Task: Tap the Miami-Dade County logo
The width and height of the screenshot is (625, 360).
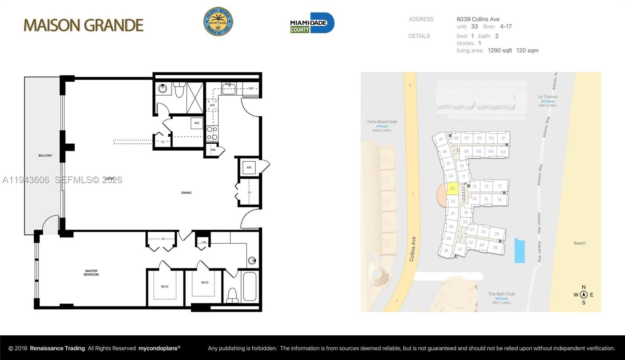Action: click(x=312, y=23)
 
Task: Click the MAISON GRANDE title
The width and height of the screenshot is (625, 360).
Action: click(x=84, y=25)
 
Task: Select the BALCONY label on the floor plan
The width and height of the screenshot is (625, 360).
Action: click(x=45, y=155)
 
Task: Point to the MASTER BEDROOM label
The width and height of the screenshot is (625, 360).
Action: click(x=91, y=273)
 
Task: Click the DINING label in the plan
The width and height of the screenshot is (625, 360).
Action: click(x=186, y=192)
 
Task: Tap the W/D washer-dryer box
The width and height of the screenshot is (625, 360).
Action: click(x=196, y=123)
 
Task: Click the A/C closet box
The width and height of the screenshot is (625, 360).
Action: click(x=249, y=168)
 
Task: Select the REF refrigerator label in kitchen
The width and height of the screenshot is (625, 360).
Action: click(x=251, y=89)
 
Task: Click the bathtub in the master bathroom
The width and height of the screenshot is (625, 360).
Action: click(x=249, y=286)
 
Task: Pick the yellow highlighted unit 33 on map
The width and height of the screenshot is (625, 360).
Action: click(x=452, y=188)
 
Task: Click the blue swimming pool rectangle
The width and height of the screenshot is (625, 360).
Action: click(x=520, y=251)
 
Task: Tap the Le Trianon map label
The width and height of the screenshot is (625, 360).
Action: click(x=548, y=97)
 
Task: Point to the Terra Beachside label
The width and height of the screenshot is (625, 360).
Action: click(x=382, y=122)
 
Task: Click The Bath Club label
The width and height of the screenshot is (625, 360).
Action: click(x=502, y=294)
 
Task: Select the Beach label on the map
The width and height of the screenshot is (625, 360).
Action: click(x=579, y=243)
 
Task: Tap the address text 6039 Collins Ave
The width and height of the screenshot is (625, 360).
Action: click(x=478, y=19)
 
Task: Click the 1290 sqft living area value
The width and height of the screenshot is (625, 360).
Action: click(x=500, y=50)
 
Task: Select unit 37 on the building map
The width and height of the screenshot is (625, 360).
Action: click(x=441, y=139)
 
